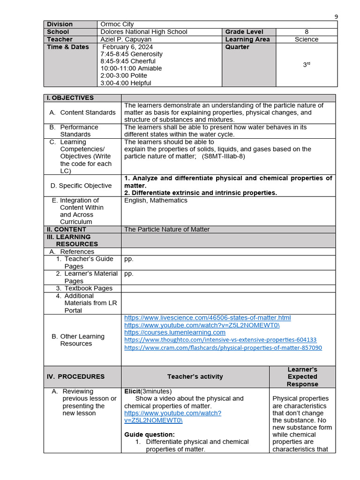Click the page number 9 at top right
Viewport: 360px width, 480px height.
coord(336,17)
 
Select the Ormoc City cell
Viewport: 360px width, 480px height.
coord(117,24)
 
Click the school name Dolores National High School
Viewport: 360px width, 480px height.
coord(143,32)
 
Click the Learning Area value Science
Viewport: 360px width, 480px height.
coord(307,39)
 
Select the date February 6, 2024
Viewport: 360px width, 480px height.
coord(127,47)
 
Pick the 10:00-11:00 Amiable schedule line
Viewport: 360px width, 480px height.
coord(131,68)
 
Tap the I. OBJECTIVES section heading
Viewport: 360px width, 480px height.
coord(70,98)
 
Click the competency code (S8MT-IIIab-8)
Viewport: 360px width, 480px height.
coord(224,157)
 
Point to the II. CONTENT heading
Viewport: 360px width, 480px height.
coord(66,229)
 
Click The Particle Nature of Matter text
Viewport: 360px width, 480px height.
coord(167,229)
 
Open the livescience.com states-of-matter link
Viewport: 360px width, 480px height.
coord(207,318)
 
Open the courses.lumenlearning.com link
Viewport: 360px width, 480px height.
coord(174,332)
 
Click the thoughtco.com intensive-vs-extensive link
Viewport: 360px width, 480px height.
coord(220,340)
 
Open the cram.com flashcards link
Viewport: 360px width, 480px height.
coord(223,348)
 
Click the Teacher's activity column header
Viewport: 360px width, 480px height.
coord(195,376)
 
